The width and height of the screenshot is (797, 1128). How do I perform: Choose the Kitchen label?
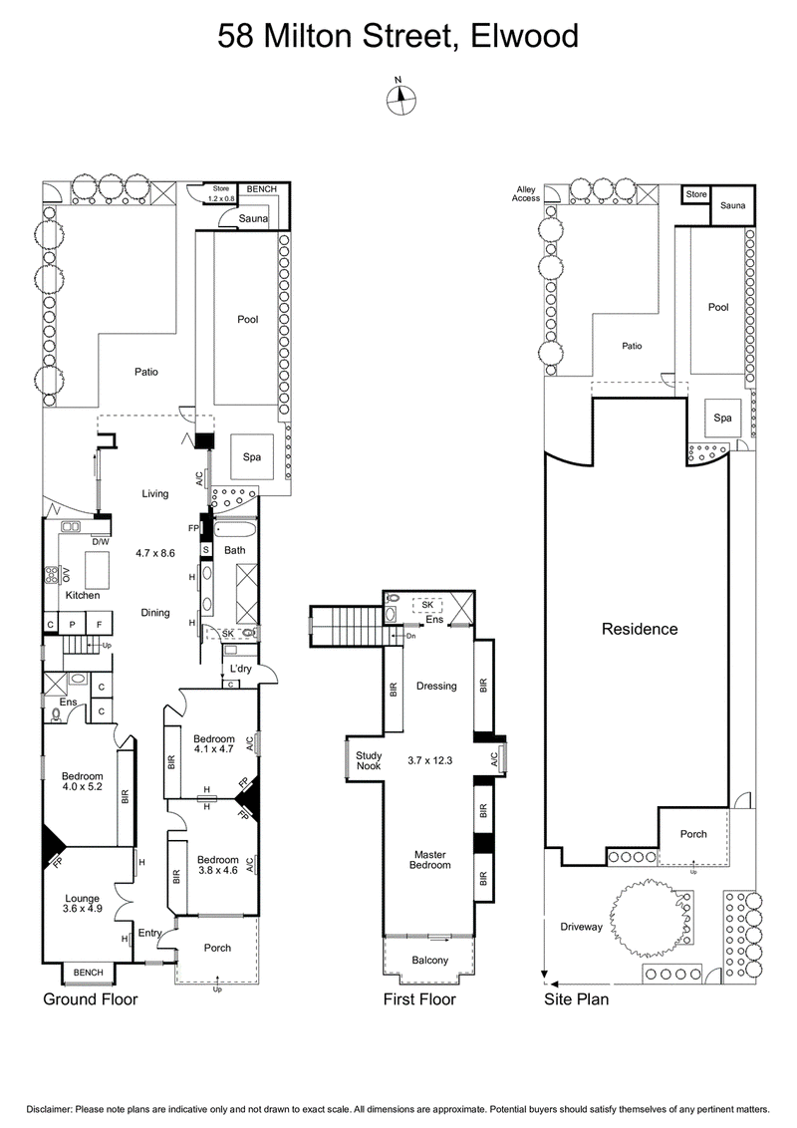[83, 595]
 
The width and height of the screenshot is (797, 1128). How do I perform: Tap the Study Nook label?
[369, 760]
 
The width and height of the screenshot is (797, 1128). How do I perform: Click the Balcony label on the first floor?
[430, 961]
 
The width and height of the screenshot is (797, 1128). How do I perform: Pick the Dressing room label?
[436, 686]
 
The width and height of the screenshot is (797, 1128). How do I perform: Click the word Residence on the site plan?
[638, 629]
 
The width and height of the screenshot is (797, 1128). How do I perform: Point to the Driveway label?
[582, 927]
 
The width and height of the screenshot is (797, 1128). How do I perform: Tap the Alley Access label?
[527, 193]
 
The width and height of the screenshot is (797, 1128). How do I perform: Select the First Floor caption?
[419, 998]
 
